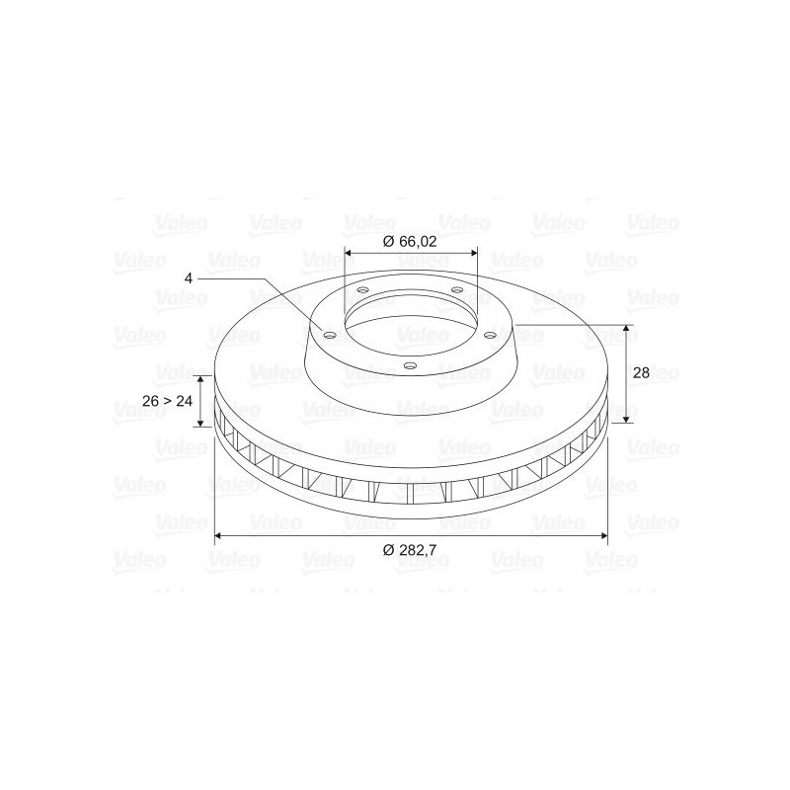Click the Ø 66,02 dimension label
click(x=410, y=241)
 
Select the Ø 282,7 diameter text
click(x=409, y=550)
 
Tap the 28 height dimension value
click(x=641, y=373)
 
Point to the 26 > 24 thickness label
click(x=167, y=401)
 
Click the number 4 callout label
click(x=189, y=278)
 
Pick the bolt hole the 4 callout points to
click(x=330, y=336)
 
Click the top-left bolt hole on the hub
click(x=362, y=290)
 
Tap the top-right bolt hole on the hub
click(x=456, y=290)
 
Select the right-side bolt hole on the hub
click(x=490, y=335)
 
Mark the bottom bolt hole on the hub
click(x=411, y=365)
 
